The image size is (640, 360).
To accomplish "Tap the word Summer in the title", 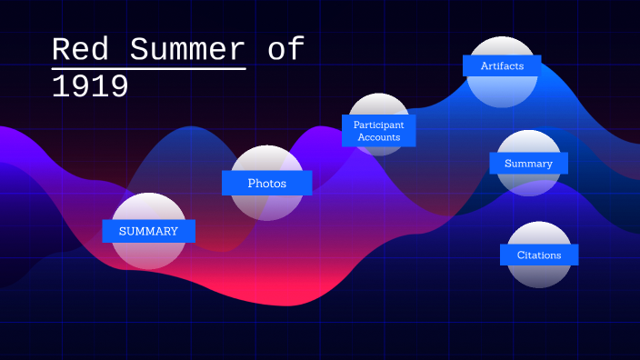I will (188, 50).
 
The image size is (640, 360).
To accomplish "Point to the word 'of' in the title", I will (285, 50).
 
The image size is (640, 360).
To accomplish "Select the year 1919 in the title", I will (90, 87).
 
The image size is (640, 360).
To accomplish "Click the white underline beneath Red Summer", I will (149, 68).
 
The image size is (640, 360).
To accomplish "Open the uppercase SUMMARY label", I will (148, 231).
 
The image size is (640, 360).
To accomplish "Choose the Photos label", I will (266, 183).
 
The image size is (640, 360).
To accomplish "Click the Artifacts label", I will (502, 65).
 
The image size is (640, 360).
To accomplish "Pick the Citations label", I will (539, 255).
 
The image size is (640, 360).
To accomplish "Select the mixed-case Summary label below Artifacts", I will (528, 164).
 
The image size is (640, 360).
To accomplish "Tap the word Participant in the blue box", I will (379, 124).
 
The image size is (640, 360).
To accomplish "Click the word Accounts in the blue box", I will (379, 137).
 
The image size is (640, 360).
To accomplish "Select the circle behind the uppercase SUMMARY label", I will (148, 255).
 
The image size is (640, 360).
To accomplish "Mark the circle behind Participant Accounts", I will (379, 105).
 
